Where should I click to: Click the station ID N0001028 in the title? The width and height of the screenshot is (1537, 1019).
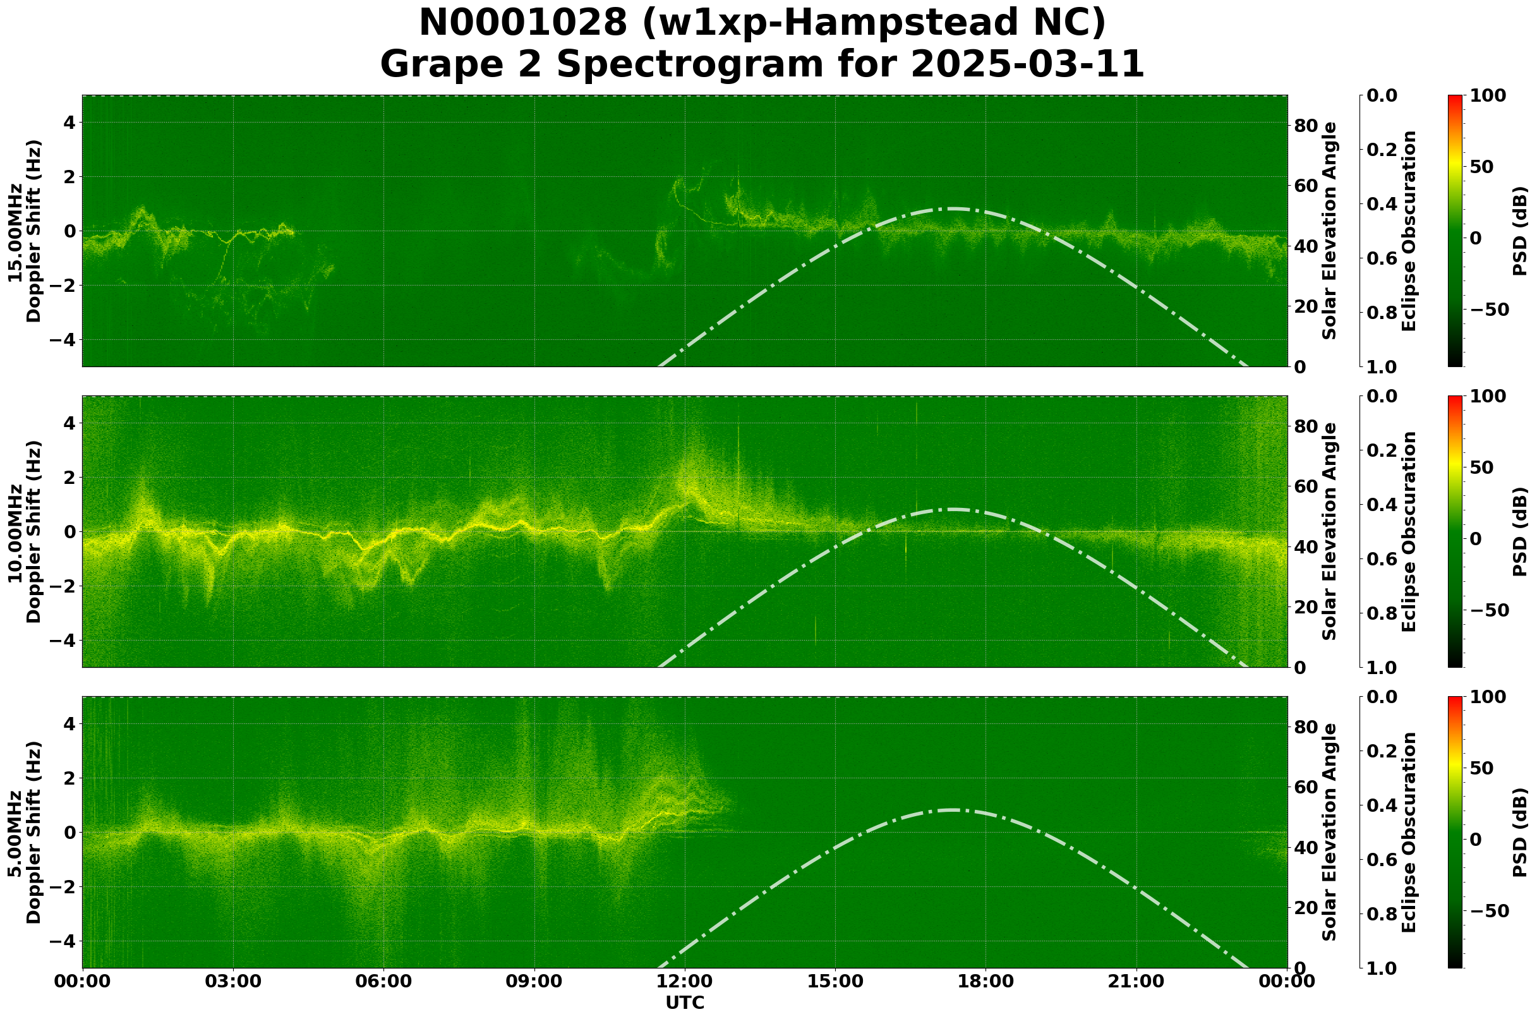coord(524,23)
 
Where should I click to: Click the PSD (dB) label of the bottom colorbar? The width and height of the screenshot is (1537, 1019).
coord(1519,833)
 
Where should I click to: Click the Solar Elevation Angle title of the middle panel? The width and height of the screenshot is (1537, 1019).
coord(1330,531)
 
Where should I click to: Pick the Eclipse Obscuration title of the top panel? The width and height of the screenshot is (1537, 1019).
coord(1409,231)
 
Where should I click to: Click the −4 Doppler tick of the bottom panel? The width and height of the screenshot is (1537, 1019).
coord(63,941)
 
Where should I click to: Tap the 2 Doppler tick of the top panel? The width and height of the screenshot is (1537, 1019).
coord(68,177)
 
